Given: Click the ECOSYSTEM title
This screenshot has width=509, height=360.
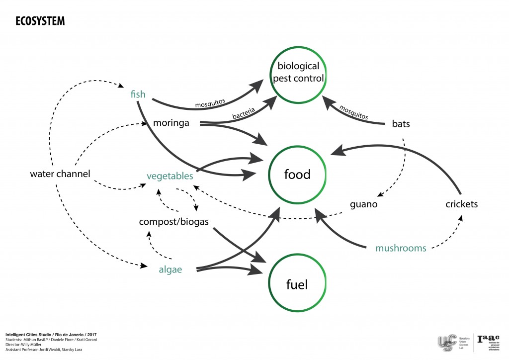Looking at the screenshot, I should [x=40, y=21].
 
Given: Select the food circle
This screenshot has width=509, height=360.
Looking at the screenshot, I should [x=297, y=175].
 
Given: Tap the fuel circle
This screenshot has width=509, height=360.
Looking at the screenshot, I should [x=297, y=284].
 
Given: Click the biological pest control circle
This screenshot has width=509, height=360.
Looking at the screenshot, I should [x=300, y=72].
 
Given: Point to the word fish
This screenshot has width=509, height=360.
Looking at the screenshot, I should [x=138, y=93].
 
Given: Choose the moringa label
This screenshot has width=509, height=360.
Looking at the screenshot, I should [x=171, y=122].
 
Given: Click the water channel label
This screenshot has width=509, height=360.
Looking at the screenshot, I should [x=60, y=174].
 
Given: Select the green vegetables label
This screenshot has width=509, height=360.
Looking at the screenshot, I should [x=170, y=176].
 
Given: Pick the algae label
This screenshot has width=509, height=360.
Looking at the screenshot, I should [x=170, y=270].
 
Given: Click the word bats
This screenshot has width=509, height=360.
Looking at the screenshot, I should [x=401, y=124].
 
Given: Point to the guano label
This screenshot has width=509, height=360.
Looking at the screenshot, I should [x=363, y=204].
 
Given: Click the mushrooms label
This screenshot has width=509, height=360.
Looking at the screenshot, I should [x=401, y=248].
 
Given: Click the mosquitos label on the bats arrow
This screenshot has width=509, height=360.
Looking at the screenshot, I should [x=353, y=112].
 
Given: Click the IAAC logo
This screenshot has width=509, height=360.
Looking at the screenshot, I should [x=488, y=342].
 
